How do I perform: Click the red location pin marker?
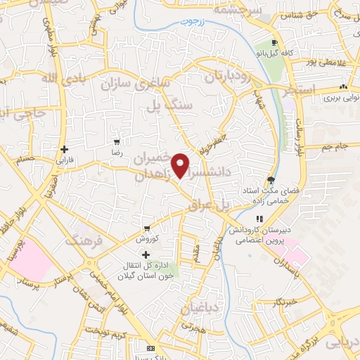coord(181,165)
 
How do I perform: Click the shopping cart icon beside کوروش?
coord(146,229)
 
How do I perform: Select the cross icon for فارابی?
coord(64,149)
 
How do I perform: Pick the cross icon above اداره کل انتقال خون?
coord(146,255)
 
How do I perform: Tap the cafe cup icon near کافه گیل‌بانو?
coord(283,42)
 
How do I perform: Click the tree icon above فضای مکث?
coord(271,180)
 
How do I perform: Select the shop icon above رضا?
coord(117,141)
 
